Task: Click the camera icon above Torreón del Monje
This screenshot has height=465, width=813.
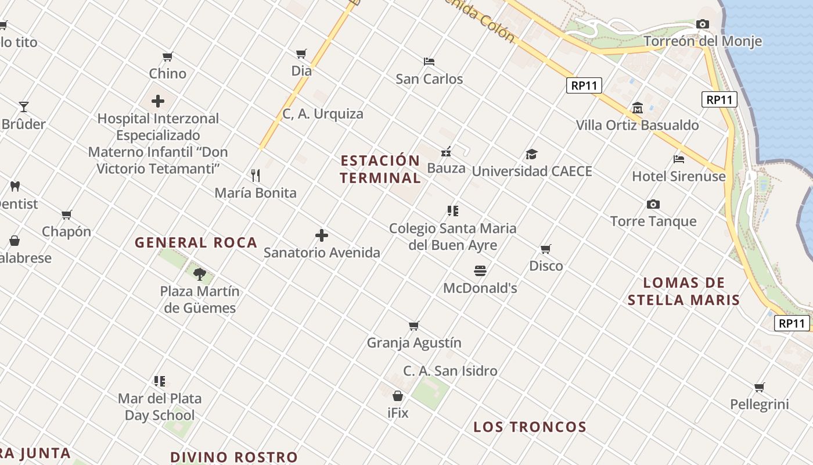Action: tap(703, 24)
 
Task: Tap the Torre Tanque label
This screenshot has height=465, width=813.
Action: tap(653, 221)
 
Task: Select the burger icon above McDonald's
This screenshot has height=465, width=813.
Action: tap(480, 270)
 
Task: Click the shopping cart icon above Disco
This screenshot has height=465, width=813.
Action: tap(546, 249)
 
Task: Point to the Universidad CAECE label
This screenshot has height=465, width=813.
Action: tap(532, 171)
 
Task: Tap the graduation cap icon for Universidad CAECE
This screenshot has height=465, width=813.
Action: tap(531, 154)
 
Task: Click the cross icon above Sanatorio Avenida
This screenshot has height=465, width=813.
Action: tap(322, 235)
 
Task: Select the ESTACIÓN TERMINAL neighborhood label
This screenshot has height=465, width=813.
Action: tap(380, 169)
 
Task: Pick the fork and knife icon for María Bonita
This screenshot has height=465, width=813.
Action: tap(256, 175)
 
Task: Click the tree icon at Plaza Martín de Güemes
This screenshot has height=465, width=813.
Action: tap(200, 273)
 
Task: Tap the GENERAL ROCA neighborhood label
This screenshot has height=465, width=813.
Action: tap(196, 243)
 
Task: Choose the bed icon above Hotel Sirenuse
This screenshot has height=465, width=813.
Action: tap(679, 159)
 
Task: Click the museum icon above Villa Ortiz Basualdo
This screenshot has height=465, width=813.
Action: tap(638, 108)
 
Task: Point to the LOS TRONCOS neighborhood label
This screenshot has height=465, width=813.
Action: tap(530, 427)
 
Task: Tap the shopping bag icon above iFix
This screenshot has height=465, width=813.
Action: tap(398, 396)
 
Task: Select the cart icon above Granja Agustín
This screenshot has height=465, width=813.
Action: tap(414, 325)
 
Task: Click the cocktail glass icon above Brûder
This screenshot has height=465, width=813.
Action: tap(24, 107)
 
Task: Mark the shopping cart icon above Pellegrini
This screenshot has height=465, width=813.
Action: tap(760, 387)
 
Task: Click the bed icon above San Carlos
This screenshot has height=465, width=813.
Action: tap(429, 61)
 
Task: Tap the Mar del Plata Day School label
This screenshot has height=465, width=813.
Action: tap(160, 407)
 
